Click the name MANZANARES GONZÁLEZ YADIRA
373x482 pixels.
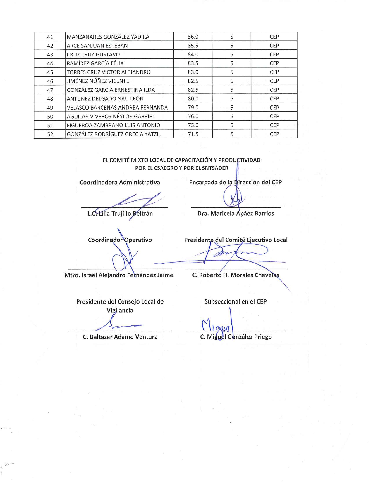pos(108,37)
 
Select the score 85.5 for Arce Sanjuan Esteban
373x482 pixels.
pos(193,46)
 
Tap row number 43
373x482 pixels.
pos(50,55)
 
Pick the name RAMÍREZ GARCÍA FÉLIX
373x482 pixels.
pos(95,63)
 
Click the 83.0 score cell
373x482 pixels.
pos(193,72)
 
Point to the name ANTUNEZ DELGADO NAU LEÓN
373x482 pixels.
pos(105,99)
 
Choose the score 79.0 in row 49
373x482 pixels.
pos(193,108)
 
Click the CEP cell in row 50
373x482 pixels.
pos(274,116)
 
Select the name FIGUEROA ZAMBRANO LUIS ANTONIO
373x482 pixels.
pos(113,125)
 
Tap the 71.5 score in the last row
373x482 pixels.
pos(193,134)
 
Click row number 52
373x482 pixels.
pos(50,134)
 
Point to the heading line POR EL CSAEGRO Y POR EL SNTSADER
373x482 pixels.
pos(181,168)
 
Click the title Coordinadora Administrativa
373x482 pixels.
pos(120,183)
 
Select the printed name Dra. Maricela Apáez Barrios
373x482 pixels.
pos(236,214)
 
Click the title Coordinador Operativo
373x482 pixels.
pos(120,240)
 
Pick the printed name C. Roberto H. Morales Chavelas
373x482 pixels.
pos(236,275)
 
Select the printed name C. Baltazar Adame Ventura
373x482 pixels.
pos(120,337)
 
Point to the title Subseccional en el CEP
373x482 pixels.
pos(236,301)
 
